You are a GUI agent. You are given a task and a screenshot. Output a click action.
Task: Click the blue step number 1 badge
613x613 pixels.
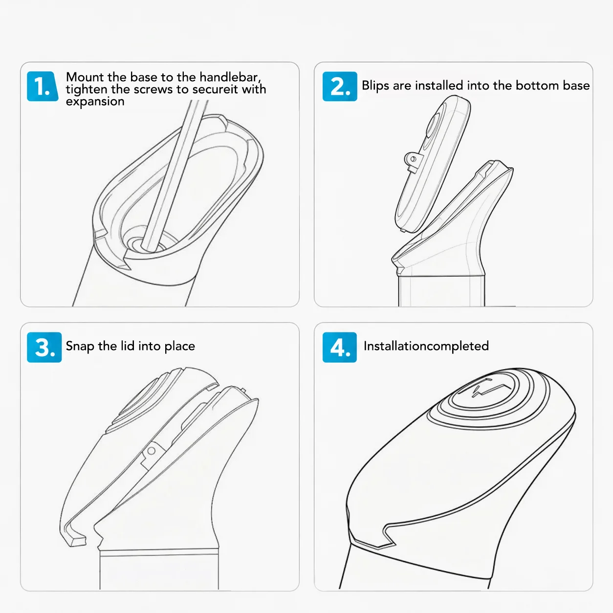pos(43,86)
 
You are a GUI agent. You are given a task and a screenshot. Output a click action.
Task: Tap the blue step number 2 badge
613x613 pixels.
pos(340,86)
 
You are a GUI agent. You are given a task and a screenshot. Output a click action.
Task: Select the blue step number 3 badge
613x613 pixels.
pos(44,347)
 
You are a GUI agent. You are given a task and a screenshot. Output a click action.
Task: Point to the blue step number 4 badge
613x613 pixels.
pos(340,347)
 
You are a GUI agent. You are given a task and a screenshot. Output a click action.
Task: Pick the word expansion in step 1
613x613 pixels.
pos(95,102)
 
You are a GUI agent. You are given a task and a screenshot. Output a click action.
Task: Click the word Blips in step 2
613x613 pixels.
pos(376,86)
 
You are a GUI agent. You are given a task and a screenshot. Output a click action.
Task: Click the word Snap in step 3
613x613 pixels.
pos(80,347)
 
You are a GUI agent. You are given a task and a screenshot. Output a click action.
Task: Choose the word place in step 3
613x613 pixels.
pos(180,347)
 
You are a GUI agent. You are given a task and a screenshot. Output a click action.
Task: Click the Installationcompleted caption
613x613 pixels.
pos(426,346)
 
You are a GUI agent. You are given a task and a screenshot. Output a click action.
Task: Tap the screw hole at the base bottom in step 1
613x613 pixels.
pos(147,244)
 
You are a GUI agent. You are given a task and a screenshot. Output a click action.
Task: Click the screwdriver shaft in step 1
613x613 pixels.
pos(175,175)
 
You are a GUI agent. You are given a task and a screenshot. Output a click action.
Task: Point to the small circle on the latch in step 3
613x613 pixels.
pos(152,451)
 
